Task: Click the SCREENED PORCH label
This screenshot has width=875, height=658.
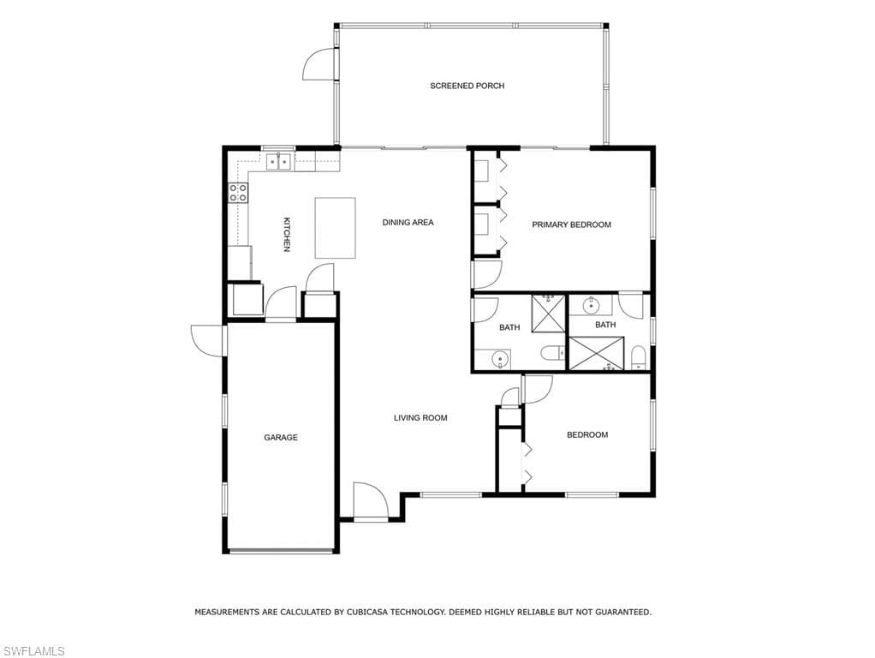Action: click(x=467, y=86)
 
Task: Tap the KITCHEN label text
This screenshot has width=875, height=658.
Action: click(x=286, y=235)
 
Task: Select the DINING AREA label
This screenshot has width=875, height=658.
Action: click(x=408, y=222)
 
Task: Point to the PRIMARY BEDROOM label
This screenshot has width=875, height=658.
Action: click(x=571, y=224)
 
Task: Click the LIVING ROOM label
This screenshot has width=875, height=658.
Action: click(x=420, y=418)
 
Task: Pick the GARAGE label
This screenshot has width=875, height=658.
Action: click(x=281, y=437)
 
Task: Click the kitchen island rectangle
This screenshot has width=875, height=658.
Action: click(x=336, y=228)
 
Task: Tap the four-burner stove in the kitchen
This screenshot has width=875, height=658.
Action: click(x=238, y=193)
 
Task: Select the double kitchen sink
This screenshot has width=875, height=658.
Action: click(x=278, y=161)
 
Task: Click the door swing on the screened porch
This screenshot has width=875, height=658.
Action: click(x=320, y=63)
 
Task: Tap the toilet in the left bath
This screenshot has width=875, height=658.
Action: click(x=552, y=353)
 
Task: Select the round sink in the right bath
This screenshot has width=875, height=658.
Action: click(x=591, y=306)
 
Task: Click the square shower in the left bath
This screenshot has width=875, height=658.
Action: click(x=548, y=313)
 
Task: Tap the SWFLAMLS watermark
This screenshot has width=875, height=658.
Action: click(x=34, y=651)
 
